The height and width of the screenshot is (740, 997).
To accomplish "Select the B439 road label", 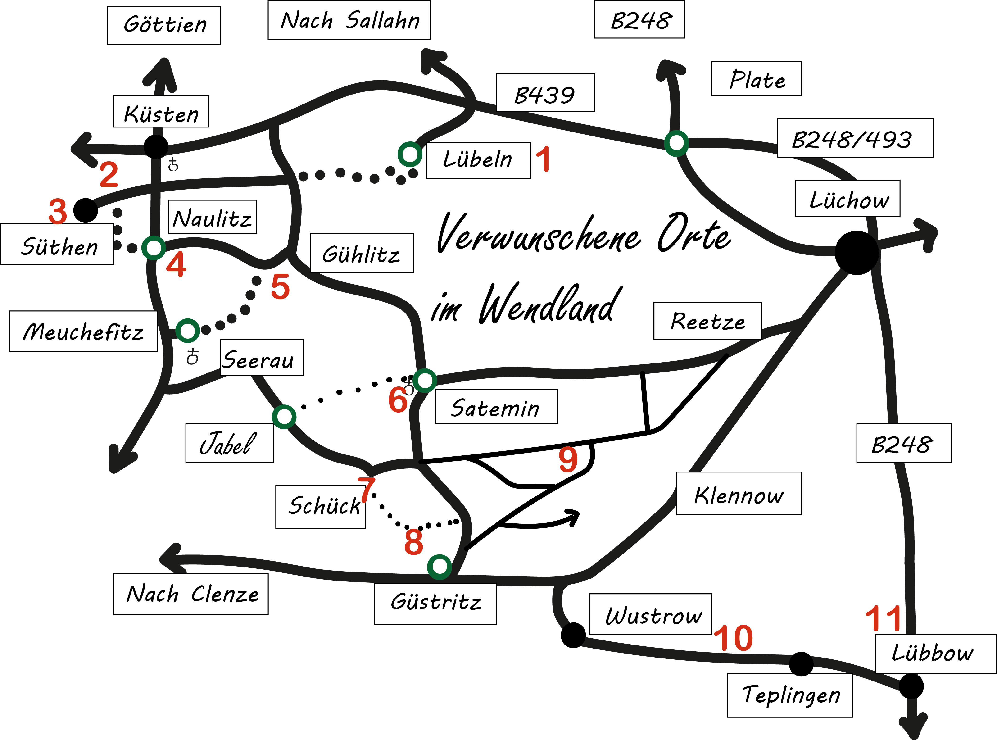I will coord(545,93).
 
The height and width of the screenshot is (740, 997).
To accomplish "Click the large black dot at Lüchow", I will coord(856,252).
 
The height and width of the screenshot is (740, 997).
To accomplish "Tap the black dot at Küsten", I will coord(156,146).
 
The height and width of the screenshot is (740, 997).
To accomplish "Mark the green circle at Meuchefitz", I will coord(188,331).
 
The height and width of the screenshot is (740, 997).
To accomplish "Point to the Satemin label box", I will coord(496,407).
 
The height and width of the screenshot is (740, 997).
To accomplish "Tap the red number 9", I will coord(568,460).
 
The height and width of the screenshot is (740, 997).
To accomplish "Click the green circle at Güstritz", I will coord(439,566).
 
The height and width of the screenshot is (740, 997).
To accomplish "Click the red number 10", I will coord(733,638).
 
